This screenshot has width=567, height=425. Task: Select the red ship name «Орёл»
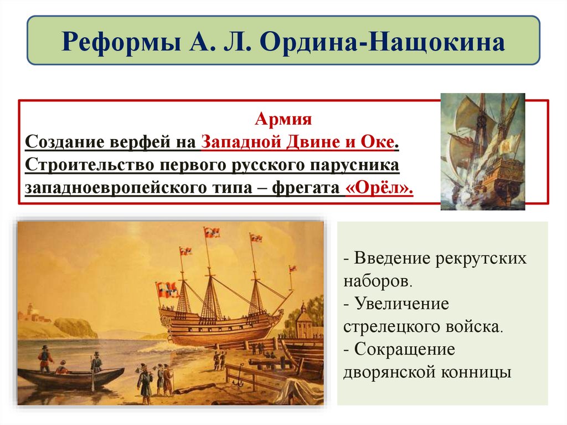[x=379, y=187]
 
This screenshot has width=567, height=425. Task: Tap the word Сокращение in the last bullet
[x=405, y=350]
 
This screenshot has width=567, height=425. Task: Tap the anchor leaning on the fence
[x=240, y=381]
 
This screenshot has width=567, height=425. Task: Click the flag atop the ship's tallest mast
[x=211, y=232]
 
